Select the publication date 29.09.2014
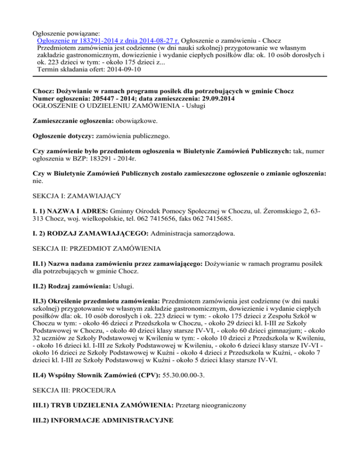[214, 99]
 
